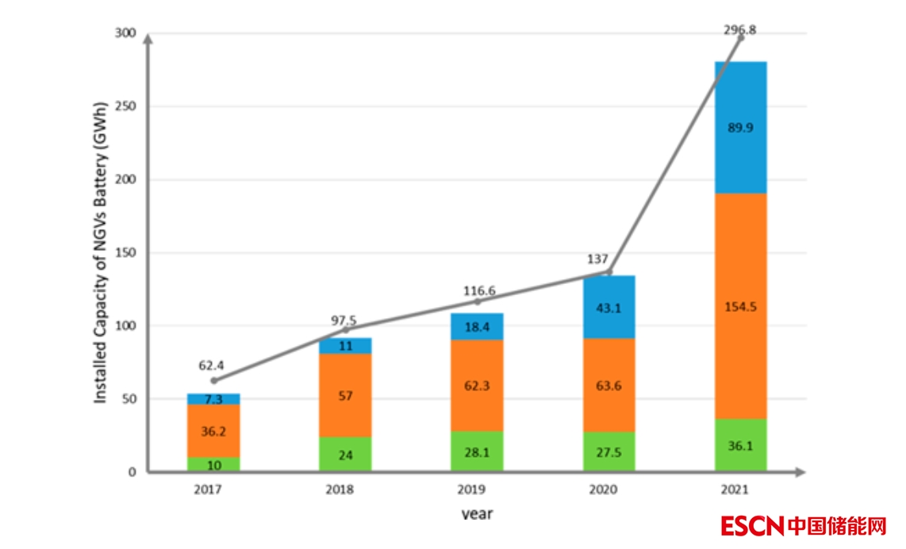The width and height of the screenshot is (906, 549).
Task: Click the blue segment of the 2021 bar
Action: click(x=741, y=127)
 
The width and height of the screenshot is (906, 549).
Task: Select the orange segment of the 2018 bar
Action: click(x=345, y=395)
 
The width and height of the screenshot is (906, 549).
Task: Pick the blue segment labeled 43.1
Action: click(x=609, y=307)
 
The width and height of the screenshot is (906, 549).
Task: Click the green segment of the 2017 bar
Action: click(x=213, y=464)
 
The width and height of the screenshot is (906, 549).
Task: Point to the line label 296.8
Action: click(x=739, y=30)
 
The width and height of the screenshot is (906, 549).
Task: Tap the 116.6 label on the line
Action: click(x=479, y=290)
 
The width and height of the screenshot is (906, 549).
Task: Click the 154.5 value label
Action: click(x=741, y=306)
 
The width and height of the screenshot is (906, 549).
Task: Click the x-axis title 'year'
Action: click(x=477, y=514)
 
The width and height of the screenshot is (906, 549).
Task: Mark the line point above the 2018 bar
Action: click(x=345, y=329)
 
